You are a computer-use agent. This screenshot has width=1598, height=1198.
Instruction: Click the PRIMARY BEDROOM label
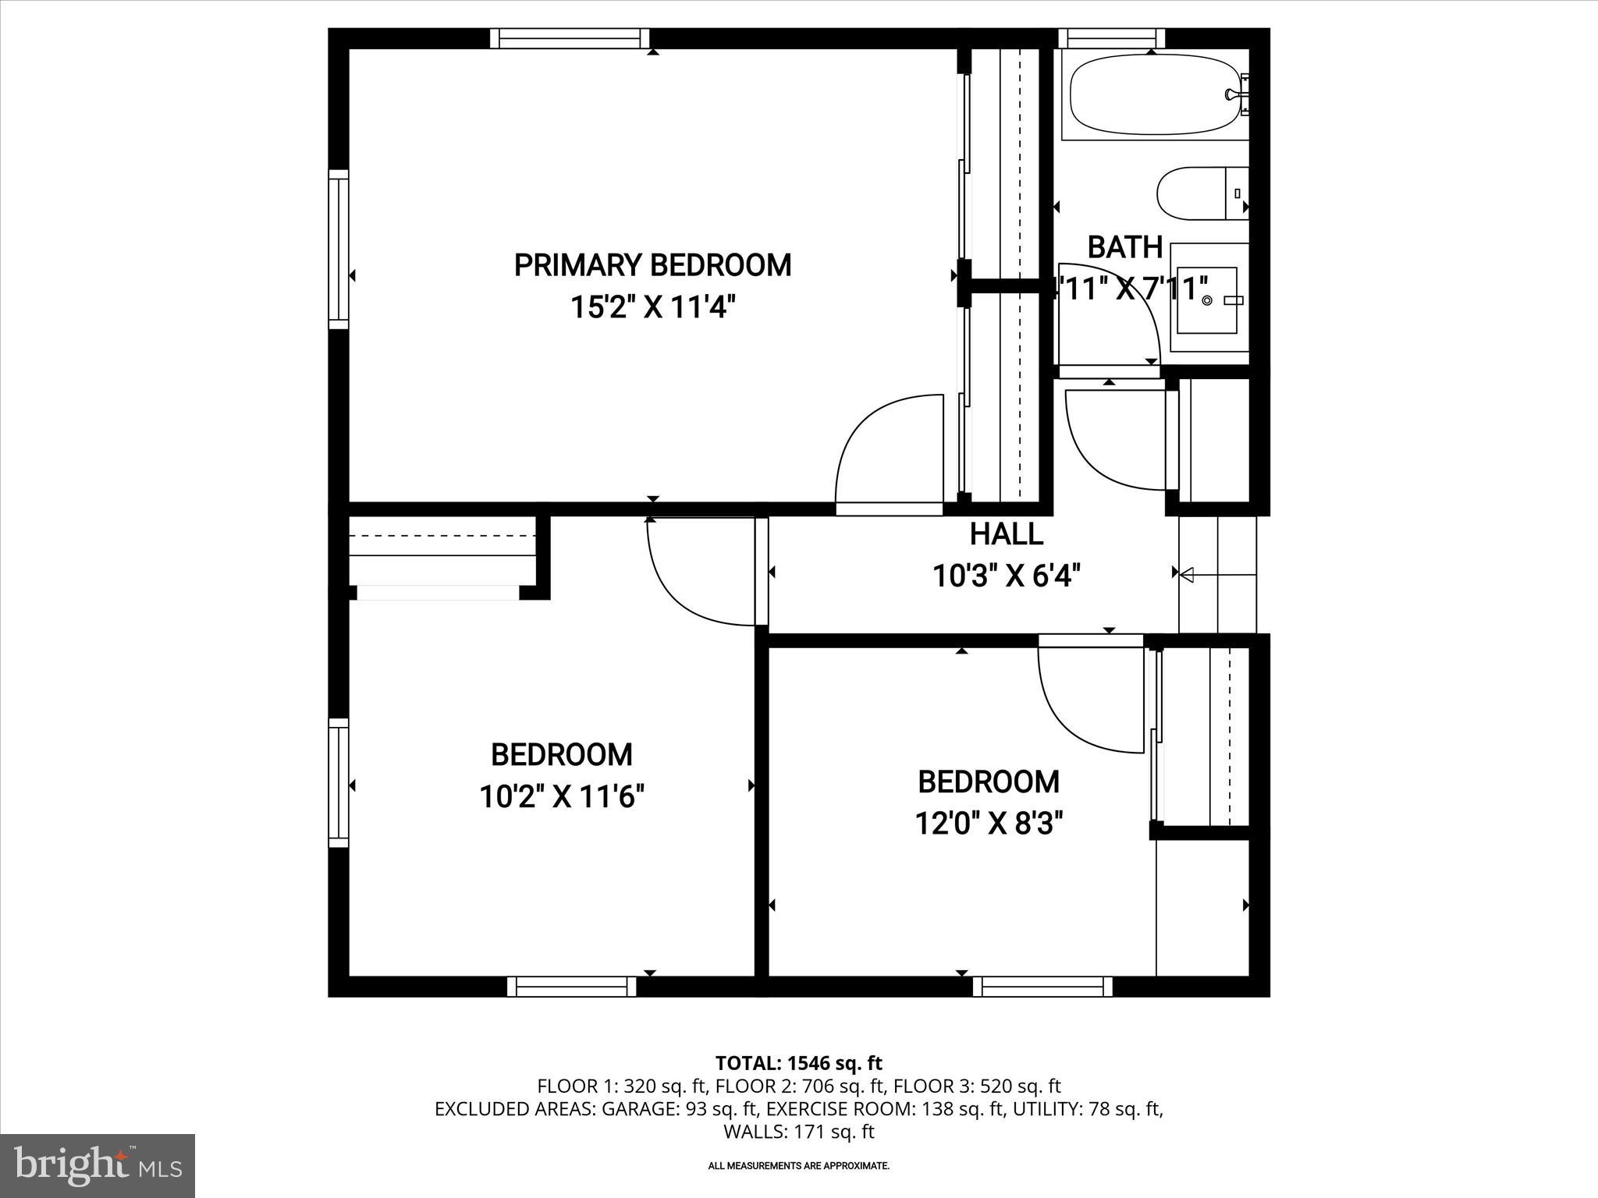tap(652, 265)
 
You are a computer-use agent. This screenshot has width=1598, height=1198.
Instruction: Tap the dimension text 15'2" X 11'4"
tap(652, 307)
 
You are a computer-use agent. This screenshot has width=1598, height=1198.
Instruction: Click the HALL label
tap(1006, 534)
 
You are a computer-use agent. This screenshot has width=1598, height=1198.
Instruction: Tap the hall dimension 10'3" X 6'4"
tap(1006, 576)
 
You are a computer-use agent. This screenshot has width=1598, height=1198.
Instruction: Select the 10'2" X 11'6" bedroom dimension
tap(561, 797)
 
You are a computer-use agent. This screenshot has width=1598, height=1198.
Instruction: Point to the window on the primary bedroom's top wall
tap(570, 38)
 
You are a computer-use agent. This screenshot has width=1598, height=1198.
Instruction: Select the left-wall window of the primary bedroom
tap(338, 250)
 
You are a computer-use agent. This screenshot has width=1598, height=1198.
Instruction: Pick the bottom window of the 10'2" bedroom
tap(571, 987)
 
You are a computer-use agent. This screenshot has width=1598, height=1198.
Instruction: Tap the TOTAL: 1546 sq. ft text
tap(798, 1063)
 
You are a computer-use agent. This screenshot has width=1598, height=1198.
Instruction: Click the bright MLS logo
tap(98, 1165)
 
